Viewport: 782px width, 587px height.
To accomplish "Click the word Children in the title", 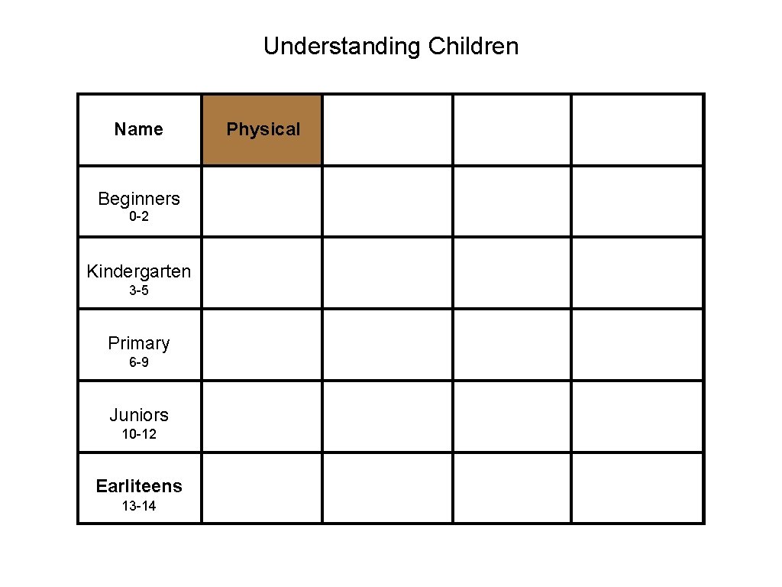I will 473,47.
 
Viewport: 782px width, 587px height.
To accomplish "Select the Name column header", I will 139,129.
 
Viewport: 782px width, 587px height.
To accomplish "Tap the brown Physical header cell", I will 263,129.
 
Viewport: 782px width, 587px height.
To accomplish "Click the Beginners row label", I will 139,199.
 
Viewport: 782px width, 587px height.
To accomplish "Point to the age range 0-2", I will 139,217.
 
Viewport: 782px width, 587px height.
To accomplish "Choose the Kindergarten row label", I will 139,271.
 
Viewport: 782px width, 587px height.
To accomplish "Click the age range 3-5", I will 139,290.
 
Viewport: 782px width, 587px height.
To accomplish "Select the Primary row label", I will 139,343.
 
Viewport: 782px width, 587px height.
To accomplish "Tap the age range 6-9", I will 139,362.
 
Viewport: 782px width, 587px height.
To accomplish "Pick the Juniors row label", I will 139,415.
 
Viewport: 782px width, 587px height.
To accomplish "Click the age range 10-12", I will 139,434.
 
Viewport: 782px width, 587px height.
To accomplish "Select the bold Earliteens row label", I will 139,486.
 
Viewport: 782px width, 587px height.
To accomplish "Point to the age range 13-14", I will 139,506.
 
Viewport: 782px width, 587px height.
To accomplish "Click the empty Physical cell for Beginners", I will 262,201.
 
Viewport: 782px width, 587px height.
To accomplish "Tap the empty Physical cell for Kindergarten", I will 262,273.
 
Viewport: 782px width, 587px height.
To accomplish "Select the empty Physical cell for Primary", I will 262,345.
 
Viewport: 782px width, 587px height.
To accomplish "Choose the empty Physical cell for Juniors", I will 262,417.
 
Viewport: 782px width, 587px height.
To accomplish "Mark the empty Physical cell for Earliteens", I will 262,488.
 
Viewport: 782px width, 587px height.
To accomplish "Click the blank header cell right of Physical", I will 387,129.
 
